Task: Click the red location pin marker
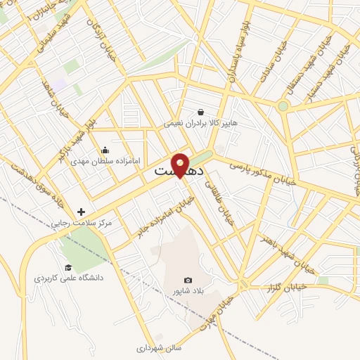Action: point(180,165)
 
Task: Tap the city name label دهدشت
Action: point(179,171)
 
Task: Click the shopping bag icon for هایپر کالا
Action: point(200,112)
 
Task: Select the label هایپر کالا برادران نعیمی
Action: point(200,123)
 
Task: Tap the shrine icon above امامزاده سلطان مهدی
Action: point(105,150)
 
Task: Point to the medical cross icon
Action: point(82,212)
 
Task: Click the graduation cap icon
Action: point(68,267)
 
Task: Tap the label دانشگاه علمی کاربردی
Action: point(69,278)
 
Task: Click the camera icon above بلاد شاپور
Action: point(187,280)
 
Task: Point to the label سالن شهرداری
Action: point(158,347)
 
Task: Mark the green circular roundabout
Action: point(283,106)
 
